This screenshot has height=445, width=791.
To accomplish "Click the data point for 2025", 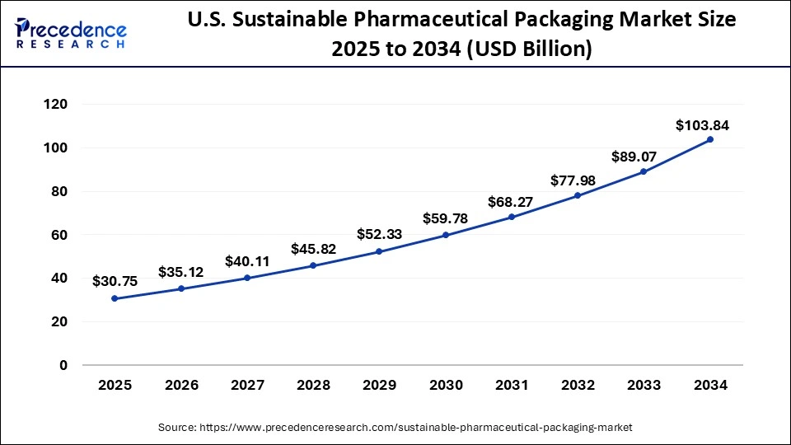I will [114, 298].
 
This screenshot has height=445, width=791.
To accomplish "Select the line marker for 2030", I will [445, 235].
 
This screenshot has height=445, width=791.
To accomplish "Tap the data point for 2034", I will [709, 139].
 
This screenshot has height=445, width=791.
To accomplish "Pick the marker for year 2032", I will [578, 195].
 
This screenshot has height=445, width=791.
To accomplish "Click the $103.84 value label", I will [702, 126].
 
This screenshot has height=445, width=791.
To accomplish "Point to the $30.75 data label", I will [114, 280].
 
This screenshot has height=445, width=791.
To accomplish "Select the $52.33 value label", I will [378, 234].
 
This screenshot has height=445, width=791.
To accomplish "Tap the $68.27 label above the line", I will [511, 201].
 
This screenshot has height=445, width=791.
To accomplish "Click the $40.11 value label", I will [246, 261].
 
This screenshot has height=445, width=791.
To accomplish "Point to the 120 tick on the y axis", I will [57, 105].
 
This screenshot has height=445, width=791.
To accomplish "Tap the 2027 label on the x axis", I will [246, 386].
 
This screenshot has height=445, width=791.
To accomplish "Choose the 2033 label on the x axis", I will [644, 386].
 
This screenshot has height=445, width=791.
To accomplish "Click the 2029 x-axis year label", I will [379, 386].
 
